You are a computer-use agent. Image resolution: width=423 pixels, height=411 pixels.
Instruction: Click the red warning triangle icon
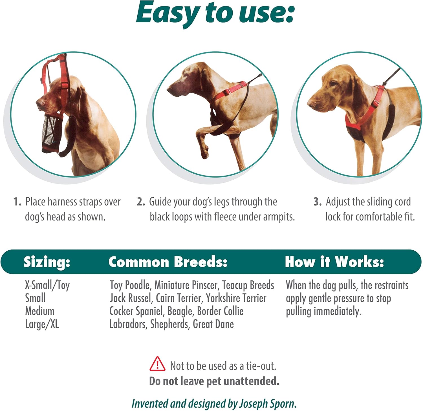[x=157, y=364]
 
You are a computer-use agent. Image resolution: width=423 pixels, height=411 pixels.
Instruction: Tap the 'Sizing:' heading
[x=47, y=262]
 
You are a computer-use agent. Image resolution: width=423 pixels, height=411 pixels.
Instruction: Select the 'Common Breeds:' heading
[x=168, y=262]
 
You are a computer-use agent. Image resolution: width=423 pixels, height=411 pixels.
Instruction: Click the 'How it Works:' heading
[x=334, y=262]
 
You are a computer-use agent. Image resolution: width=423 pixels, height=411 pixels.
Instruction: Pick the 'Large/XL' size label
[x=42, y=324]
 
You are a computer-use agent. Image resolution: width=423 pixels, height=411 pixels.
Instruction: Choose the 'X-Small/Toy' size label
[x=47, y=285]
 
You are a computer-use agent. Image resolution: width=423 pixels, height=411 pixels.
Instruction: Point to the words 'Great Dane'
[x=213, y=324]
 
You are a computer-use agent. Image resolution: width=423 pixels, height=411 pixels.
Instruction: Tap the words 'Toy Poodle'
[x=130, y=285]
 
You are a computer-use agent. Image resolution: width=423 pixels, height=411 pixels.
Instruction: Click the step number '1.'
[x=17, y=202]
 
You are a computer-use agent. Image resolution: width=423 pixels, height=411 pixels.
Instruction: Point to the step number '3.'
[x=318, y=202]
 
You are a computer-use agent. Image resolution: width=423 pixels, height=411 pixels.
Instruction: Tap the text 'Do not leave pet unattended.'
[x=214, y=381]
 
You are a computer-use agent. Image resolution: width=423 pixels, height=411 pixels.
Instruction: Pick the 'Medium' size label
[x=40, y=311]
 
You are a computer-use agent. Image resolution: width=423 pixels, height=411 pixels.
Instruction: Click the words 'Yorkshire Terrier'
[x=236, y=298]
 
